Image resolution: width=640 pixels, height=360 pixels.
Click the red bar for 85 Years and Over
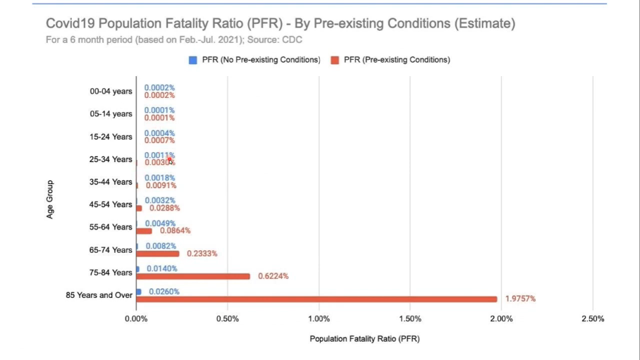click(317, 299)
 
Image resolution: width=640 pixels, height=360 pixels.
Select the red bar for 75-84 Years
click(193, 276)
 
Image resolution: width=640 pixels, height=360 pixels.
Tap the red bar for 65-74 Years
click(158, 254)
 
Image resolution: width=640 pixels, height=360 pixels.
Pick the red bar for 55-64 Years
click(144, 231)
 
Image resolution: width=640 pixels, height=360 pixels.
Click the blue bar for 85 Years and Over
click(139, 291)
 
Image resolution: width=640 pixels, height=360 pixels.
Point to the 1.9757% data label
click(520, 299)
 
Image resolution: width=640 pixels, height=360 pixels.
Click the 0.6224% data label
click(273, 276)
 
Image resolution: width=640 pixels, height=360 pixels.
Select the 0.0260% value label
click(164, 291)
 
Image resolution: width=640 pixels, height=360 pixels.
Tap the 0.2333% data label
click(202, 254)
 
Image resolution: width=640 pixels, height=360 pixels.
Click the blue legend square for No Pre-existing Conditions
click(192, 60)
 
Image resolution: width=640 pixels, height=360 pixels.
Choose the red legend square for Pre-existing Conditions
click(336, 60)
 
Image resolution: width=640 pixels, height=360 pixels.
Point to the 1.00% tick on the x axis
click(319, 318)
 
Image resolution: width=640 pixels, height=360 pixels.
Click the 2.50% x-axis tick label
click(593, 318)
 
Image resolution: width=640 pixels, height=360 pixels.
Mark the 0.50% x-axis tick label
click(227, 318)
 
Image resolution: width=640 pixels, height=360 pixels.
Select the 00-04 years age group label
click(111, 92)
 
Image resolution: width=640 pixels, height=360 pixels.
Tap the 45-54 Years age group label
click(111, 204)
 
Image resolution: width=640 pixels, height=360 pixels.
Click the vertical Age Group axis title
click(50, 199)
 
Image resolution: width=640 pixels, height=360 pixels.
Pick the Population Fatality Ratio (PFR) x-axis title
click(364, 339)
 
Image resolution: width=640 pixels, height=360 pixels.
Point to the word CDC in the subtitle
click(293, 39)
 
